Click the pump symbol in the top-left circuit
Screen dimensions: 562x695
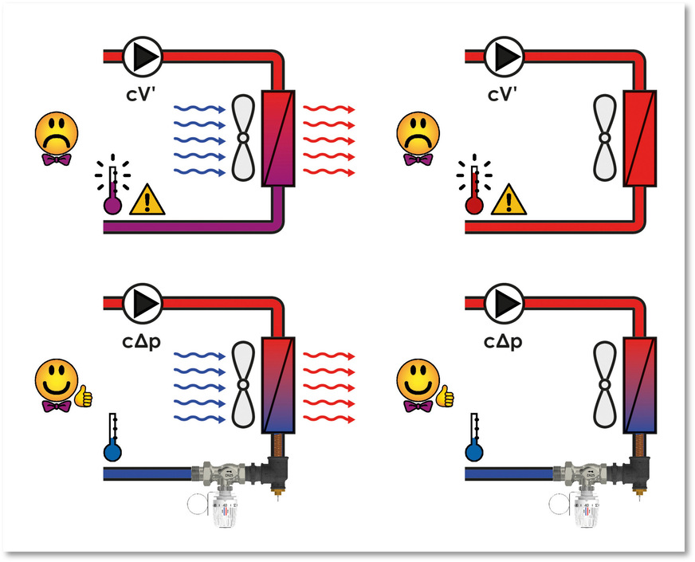pos(143,55)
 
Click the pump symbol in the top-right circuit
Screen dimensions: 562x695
pos(505,55)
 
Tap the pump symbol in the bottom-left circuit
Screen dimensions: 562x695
pos(143,302)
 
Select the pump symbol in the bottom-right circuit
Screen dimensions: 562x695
pos(505,302)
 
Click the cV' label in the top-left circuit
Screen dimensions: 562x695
pos(143,94)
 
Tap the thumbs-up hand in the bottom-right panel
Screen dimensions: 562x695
pos(445,394)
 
